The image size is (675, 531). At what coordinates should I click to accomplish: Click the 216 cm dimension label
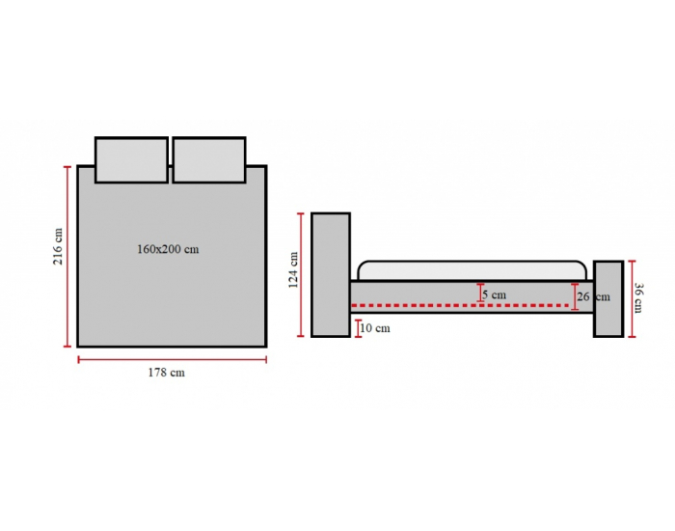58,246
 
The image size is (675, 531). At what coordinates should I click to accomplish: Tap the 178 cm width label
167,373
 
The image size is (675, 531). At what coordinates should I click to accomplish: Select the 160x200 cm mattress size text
168,249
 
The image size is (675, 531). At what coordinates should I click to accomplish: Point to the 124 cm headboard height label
293,270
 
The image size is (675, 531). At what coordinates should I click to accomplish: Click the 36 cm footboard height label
638,297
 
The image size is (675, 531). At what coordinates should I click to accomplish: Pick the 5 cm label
494,294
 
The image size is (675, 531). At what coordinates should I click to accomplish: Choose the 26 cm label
594,296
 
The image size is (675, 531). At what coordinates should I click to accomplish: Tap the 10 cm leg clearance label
375,328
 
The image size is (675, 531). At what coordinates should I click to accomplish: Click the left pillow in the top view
131,160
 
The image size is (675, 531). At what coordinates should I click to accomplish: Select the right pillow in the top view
209,160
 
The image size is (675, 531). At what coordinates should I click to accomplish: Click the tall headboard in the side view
331,274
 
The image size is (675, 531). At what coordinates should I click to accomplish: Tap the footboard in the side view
608,298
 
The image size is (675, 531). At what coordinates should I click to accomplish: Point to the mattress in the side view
472,270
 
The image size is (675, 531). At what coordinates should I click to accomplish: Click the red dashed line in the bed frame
461,305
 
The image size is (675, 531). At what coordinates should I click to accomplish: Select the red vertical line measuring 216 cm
67,257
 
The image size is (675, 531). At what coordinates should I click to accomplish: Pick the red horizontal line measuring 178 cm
173,359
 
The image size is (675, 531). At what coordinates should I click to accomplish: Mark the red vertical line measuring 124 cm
301,274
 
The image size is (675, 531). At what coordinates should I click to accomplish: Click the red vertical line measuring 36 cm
632,298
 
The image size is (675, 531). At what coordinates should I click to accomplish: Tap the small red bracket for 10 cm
358,328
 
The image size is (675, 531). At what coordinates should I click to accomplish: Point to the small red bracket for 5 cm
480,293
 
